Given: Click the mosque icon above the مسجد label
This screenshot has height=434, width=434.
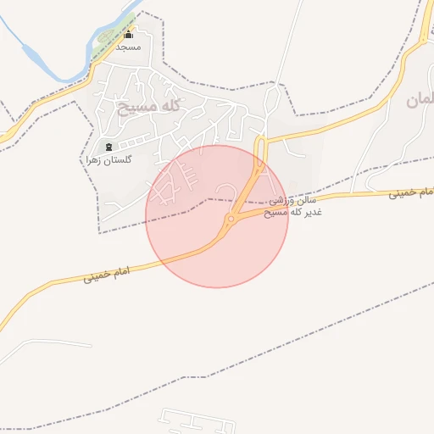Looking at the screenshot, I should (x=129, y=36).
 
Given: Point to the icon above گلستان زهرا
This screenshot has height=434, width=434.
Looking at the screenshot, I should (x=108, y=147).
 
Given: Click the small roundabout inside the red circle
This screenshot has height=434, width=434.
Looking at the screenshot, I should (x=231, y=220).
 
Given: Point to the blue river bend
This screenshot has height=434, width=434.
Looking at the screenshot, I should (x=34, y=59).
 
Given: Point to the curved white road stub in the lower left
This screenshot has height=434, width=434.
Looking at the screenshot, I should (x=42, y=343).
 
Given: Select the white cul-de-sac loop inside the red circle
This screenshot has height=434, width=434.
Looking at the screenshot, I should (x=225, y=187).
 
